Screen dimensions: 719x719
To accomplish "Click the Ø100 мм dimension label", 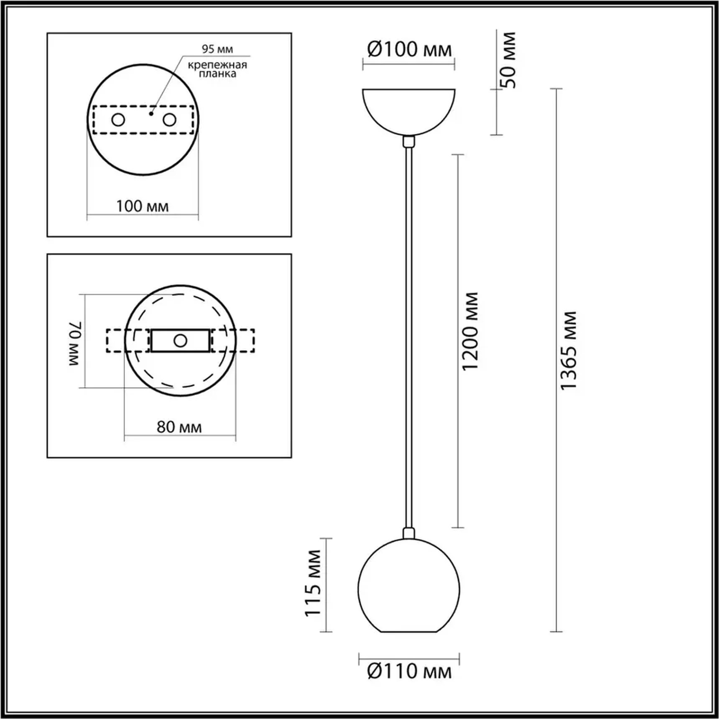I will pos(409,49).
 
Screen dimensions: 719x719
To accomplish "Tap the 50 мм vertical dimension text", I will pos(510,60).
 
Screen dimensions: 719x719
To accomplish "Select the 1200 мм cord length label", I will pos(470,331).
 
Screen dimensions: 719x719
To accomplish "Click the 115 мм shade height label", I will pos(313,583).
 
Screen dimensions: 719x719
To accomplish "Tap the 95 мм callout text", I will pos(217,49).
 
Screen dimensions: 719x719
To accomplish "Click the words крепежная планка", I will pos(217,69).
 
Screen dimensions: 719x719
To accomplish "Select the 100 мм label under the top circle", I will pos(142,206).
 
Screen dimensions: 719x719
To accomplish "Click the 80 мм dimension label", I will pos(179,427).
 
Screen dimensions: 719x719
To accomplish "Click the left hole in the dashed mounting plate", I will pos(118,120).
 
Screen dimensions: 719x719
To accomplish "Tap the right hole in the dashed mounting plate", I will pos(169,120).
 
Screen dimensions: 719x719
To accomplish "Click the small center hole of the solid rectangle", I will pos(180,341).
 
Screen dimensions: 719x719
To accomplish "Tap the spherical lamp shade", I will pos(408,587).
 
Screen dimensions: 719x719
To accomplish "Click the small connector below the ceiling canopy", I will pos(409,141).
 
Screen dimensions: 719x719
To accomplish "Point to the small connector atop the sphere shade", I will pos(408,533).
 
